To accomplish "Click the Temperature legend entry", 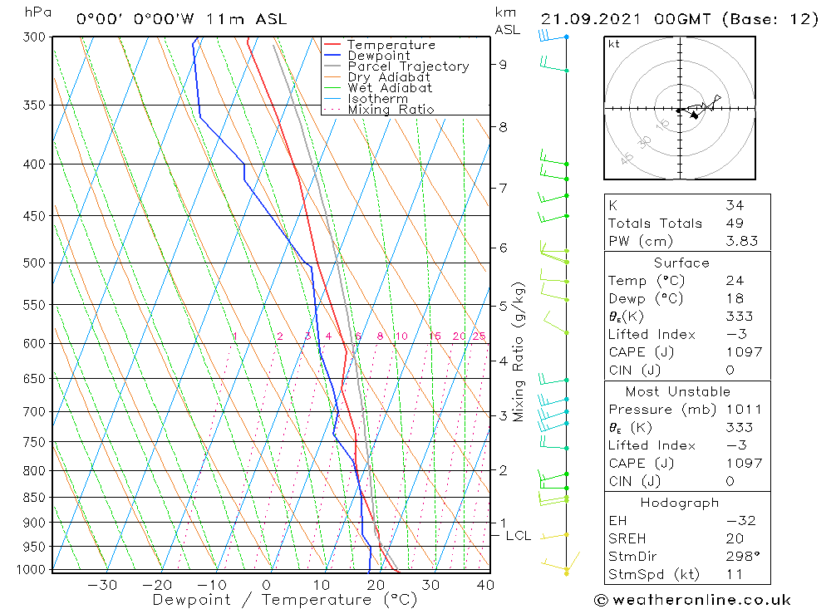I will point(391,45).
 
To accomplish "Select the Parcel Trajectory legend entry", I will point(407,66).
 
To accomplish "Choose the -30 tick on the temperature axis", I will point(102,585).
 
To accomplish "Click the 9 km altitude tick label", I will point(503,64).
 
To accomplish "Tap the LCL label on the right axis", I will point(518,536).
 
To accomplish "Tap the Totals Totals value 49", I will point(734,223).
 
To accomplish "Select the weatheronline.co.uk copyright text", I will point(692,600).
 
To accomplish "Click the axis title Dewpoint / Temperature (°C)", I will point(285,600).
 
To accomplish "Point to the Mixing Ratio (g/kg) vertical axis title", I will point(519,351).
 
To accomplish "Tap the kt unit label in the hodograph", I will point(614,44).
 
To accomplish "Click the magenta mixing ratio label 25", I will point(479,336).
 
